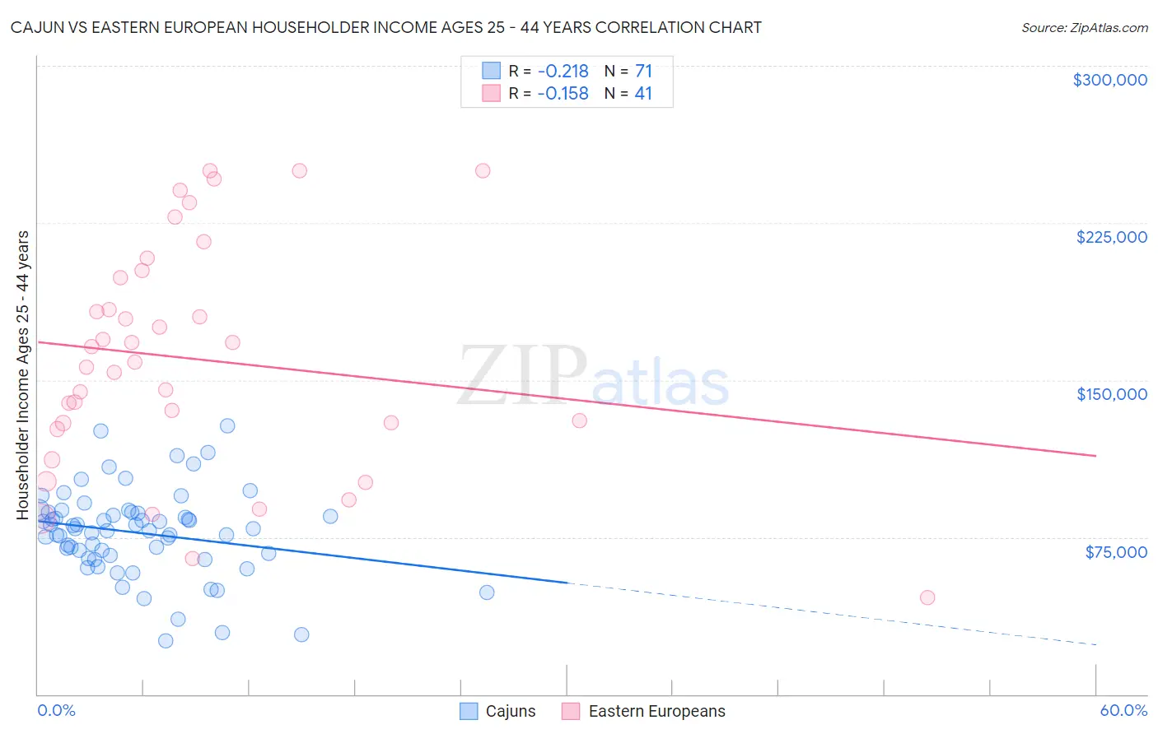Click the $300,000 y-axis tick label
pyautogui.click(x=1109, y=80)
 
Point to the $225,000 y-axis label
pyautogui.click(x=1111, y=237)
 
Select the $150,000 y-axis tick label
pyautogui.click(x=1111, y=394)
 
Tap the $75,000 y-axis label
pyautogui.click(x=1115, y=552)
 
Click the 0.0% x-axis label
pyautogui.click(x=56, y=711)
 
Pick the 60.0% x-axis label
pyautogui.click(x=1123, y=711)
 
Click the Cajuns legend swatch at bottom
pyautogui.click(x=469, y=711)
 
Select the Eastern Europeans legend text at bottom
pyautogui.click(x=656, y=711)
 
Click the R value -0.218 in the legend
pyautogui.click(x=563, y=72)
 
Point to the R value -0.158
pyautogui.click(x=563, y=94)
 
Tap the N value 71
pyautogui.click(x=643, y=72)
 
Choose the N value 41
pyautogui.click(x=643, y=94)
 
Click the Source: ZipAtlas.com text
pyautogui.click(x=1084, y=28)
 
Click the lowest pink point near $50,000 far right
pyautogui.click(x=927, y=597)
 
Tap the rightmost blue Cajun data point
pyautogui.click(x=487, y=592)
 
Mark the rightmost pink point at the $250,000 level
pyautogui.click(x=483, y=171)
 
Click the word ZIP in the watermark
pyautogui.click(x=521, y=375)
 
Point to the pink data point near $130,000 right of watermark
pyautogui.click(x=579, y=420)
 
